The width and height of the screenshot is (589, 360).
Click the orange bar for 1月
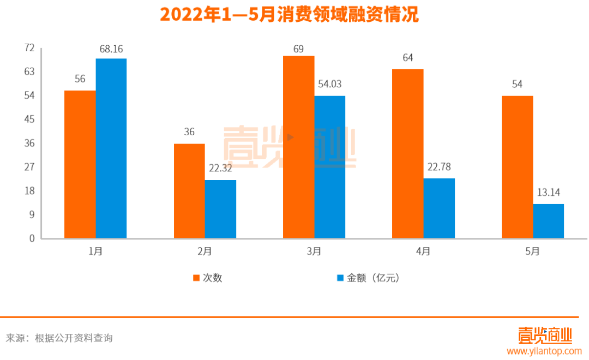tap(80, 164)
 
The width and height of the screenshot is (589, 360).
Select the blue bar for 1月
tap(111, 148)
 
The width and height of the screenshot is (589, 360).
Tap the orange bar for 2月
tap(189, 191)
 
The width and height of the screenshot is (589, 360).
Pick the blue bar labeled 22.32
tap(221, 209)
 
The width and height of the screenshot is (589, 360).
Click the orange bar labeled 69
tap(298, 147)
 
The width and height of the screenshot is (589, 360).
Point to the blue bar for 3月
tap(330, 167)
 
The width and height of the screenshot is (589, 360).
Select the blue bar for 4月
tap(439, 208)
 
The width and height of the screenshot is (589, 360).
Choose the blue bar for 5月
tap(548, 221)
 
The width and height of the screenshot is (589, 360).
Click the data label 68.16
tap(111, 49)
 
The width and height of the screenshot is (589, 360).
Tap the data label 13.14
tap(548, 192)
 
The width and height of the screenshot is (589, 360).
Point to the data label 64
tap(407, 57)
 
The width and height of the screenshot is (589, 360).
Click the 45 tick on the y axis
tap(29, 119)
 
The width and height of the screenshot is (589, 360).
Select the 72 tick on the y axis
tap(29, 48)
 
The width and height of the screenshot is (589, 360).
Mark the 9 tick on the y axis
tap(31, 214)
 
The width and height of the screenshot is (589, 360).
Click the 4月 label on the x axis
tap(423, 251)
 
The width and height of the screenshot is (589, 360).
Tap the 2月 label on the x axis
tap(205, 251)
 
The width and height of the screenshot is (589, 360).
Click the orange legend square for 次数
tap(195, 278)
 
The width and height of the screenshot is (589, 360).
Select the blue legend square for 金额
tap(340, 278)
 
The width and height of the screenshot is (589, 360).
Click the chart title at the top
tap(289, 15)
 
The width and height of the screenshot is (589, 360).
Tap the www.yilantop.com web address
tap(544, 352)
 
